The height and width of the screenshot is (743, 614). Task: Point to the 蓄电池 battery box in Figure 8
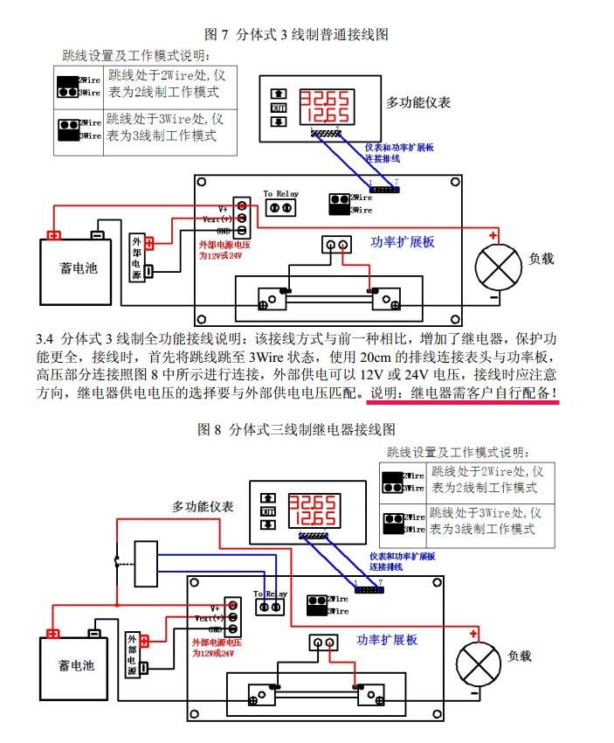pyautogui.click(x=77, y=666)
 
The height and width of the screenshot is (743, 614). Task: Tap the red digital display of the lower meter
pyautogui.click(x=311, y=509)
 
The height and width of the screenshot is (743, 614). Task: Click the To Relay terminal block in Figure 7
pyautogui.click(x=281, y=207)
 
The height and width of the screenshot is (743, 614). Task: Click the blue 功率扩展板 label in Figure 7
pyautogui.click(x=402, y=242)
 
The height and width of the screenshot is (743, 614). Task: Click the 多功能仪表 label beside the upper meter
pyautogui.click(x=418, y=102)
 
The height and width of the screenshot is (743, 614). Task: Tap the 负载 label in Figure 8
pyautogui.click(x=520, y=656)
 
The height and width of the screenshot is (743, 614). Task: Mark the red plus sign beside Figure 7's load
pyautogui.click(x=493, y=235)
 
